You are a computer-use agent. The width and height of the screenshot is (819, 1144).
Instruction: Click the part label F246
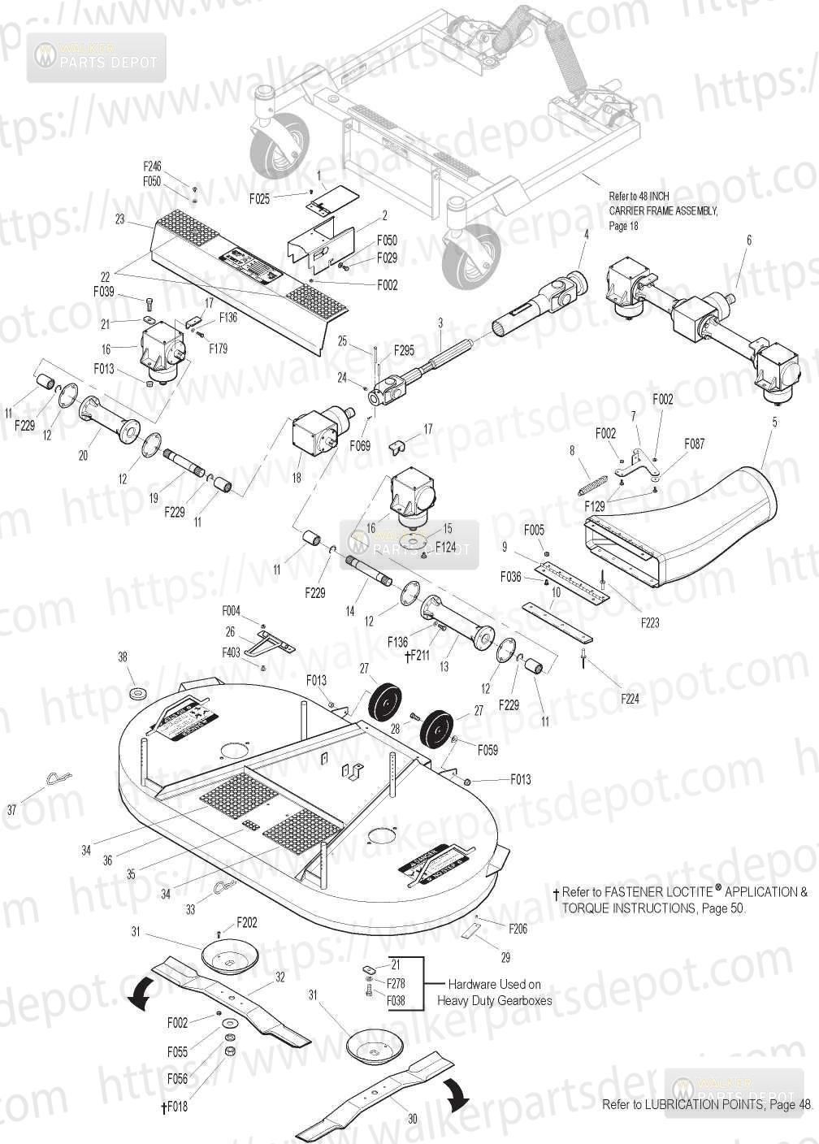(152, 167)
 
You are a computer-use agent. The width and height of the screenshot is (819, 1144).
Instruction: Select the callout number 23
(120, 219)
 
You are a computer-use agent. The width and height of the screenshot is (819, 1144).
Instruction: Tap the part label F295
(404, 350)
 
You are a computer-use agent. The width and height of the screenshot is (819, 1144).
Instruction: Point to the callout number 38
(123, 657)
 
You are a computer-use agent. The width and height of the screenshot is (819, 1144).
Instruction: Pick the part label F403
(232, 652)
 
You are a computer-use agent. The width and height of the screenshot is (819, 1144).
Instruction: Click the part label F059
(487, 750)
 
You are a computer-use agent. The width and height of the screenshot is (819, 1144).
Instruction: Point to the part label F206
(518, 929)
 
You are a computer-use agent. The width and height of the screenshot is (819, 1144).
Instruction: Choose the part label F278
(396, 983)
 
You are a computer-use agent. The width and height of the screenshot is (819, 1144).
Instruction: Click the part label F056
(177, 1079)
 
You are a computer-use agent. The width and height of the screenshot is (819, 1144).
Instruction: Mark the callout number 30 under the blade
(413, 1120)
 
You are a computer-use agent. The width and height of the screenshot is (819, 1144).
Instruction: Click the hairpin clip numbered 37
(55, 781)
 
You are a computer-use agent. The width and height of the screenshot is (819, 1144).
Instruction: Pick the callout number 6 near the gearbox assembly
(749, 240)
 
